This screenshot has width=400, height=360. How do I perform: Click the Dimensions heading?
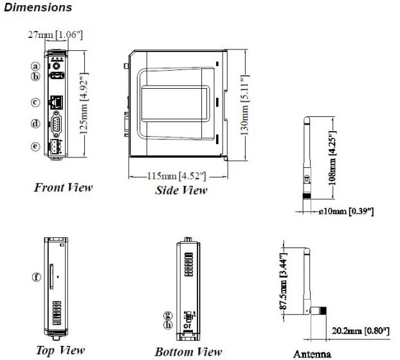[38, 8]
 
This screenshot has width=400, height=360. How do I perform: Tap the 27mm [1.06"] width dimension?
[55, 35]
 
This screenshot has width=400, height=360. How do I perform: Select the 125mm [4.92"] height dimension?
[84, 104]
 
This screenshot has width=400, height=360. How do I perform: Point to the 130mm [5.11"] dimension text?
[245, 105]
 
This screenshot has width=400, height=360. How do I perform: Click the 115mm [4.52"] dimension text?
[177, 176]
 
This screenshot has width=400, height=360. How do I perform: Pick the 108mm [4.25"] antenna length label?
[332, 158]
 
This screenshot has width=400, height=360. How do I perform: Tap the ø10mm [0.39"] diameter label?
[346, 212]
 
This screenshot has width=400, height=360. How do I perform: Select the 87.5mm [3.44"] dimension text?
[284, 282]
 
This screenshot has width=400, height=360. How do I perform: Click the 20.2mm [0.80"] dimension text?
[361, 331]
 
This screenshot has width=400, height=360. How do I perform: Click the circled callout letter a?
[36, 66]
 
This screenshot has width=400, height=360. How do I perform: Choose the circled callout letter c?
[35, 102]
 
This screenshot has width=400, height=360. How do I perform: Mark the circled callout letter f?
[37, 277]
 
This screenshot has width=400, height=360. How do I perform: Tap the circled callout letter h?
[168, 325]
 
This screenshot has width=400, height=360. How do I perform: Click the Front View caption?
[63, 188]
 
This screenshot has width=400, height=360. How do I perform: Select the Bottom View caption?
[188, 352]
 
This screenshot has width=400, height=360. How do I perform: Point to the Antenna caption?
[313, 354]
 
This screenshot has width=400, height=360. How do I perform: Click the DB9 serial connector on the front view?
[56, 124]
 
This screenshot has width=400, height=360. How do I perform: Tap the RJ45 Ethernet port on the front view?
[56, 102]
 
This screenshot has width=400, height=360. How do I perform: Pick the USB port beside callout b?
[57, 75]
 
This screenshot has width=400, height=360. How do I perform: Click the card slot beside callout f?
[51, 276]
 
